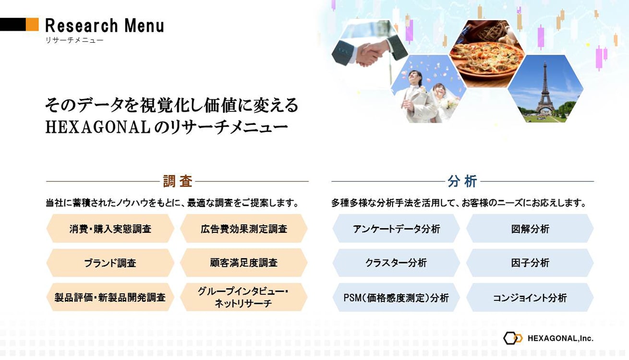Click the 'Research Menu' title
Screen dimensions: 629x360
click(x=105, y=25)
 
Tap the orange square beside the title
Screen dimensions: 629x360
click(x=32, y=24)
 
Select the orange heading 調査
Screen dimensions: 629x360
click(x=178, y=181)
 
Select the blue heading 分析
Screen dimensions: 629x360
click(x=462, y=181)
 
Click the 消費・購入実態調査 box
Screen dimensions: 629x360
click(x=110, y=228)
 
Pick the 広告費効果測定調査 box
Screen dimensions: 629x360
click(x=244, y=228)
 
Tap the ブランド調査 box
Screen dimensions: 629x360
click(x=110, y=263)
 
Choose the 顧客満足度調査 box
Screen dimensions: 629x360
click(x=244, y=263)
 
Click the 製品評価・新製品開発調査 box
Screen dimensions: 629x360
click(x=110, y=297)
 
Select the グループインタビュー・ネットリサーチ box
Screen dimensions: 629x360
click(x=244, y=297)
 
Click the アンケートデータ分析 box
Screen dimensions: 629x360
click(x=396, y=228)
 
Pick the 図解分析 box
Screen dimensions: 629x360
click(x=530, y=228)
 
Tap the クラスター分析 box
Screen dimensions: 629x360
click(x=396, y=263)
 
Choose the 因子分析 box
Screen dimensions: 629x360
click(x=530, y=263)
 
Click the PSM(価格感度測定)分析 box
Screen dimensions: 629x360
click(x=396, y=297)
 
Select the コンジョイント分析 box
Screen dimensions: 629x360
click(x=530, y=297)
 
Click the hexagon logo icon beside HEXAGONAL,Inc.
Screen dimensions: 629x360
click(x=513, y=338)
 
